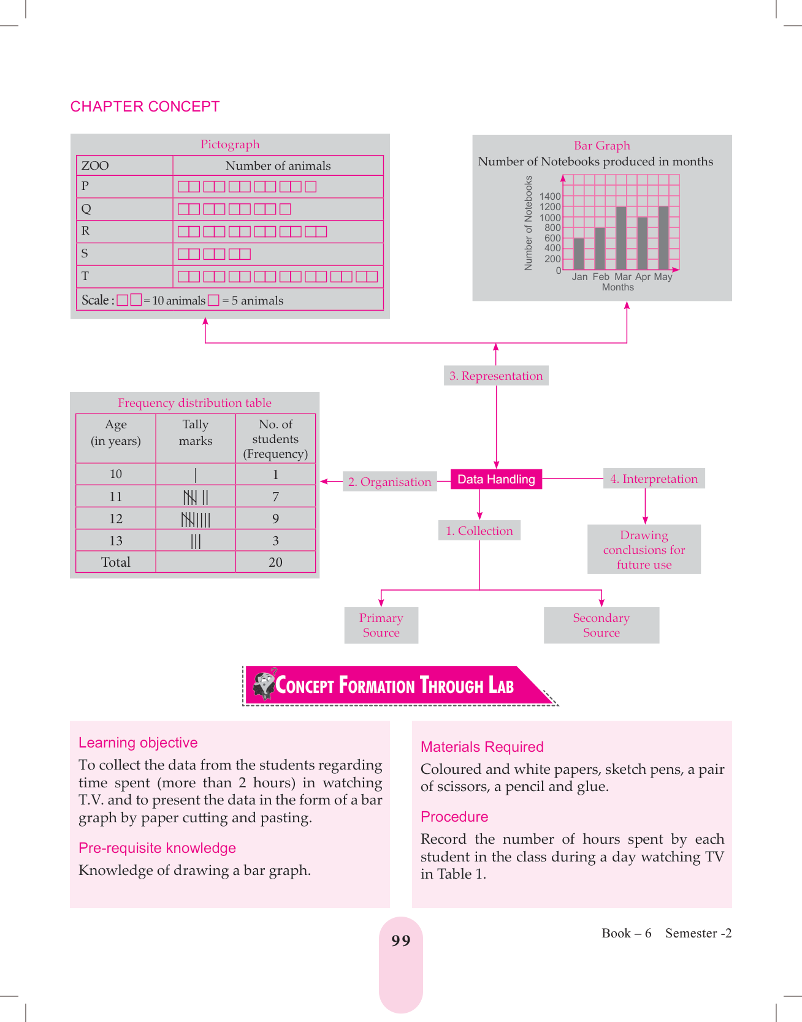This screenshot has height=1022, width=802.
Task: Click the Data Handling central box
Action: (x=496, y=479)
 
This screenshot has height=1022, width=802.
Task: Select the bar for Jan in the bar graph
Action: (x=579, y=254)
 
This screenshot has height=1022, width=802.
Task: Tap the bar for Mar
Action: (x=621, y=238)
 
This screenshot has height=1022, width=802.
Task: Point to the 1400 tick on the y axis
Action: (x=550, y=197)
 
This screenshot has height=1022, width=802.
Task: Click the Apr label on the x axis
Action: (x=643, y=277)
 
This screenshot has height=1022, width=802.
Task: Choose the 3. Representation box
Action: (x=495, y=376)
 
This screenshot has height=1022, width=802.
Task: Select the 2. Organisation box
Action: (x=389, y=482)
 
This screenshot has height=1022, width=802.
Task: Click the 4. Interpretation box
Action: (x=654, y=479)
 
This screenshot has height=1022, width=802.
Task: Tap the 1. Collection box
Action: (x=479, y=531)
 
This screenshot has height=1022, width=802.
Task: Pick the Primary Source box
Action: (x=381, y=625)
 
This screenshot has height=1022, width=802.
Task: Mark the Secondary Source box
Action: (x=601, y=625)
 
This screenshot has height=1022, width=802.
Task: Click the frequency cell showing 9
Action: (x=275, y=519)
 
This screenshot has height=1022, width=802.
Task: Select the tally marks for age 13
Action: (x=196, y=541)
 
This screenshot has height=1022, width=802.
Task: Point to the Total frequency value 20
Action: (x=275, y=562)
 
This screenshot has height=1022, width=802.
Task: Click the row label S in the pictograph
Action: (x=85, y=254)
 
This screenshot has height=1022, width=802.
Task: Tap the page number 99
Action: (x=400, y=941)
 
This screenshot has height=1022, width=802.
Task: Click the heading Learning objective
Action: (x=138, y=743)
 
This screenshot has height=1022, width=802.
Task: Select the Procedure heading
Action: (x=454, y=817)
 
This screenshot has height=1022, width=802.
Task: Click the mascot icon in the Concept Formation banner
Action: (x=264, y=684)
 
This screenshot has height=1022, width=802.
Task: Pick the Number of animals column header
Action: (x=278, y=165)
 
